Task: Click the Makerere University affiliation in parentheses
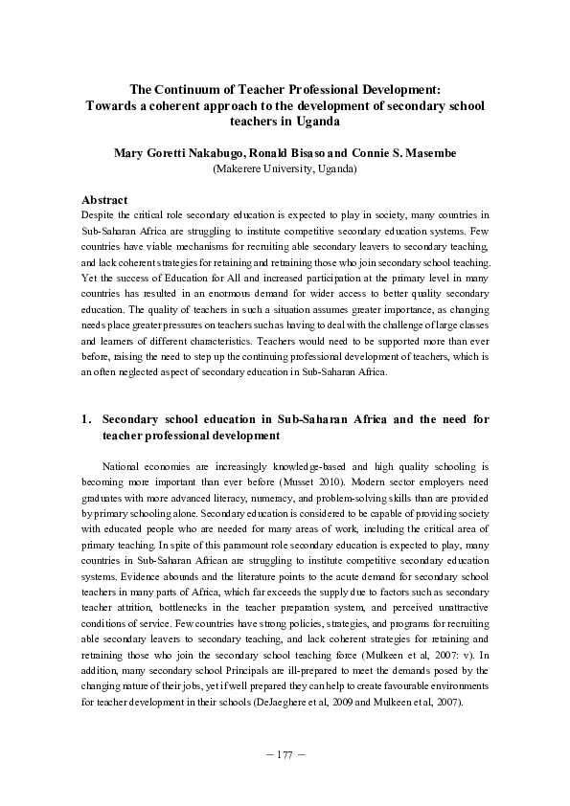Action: [285, 168]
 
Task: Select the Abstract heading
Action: [104, 199]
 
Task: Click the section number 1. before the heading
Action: [86, 418]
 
